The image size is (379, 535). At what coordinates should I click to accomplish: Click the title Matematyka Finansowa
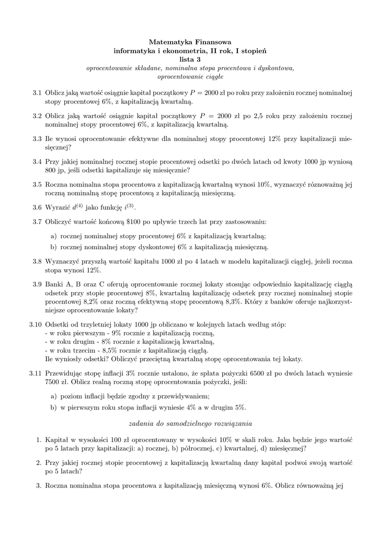190,41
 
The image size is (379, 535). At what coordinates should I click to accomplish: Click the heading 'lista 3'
190,59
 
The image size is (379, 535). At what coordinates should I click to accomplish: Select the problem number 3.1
37,92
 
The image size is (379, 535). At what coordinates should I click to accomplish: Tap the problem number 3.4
37,162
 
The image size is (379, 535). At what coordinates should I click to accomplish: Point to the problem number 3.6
37,207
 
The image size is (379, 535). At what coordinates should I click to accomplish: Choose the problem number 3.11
35,374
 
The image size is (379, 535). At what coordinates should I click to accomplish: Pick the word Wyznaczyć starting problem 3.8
64,261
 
